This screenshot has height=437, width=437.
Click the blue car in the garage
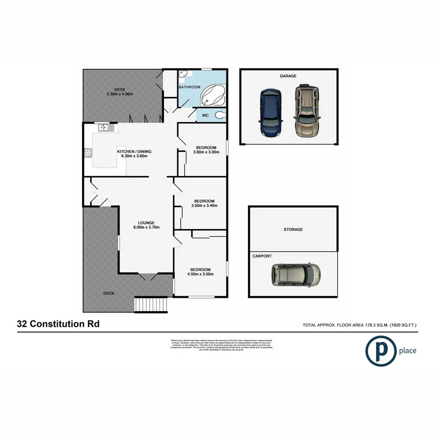pyautogui.click(x=269, y=113)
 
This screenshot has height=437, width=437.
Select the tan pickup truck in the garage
pyautogui.click(x=304, y=111)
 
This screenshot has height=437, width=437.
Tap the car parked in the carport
pyautogui.click(x=296, y=274)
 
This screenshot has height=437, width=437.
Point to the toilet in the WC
pyautogui.click(x=219, y=115)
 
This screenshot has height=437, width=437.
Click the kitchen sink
pyautogui.click(x=104, y=127)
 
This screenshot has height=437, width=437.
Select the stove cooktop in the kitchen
pyautogui.click(x=88, y=152)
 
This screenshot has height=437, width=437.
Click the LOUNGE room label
pyautogui.click(x=146, y=223)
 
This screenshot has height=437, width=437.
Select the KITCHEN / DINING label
pyautogui.click(x=134, y=151)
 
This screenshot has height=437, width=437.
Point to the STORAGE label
pyautogui.click(x=293, y=230)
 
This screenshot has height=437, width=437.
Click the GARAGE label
pyautogui.click(x=288, y=76)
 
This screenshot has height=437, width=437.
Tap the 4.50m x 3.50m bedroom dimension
pyautogui.click(x=200, y=274)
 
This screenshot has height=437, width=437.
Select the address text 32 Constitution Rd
pyautogui.click(x=58, y=324)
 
